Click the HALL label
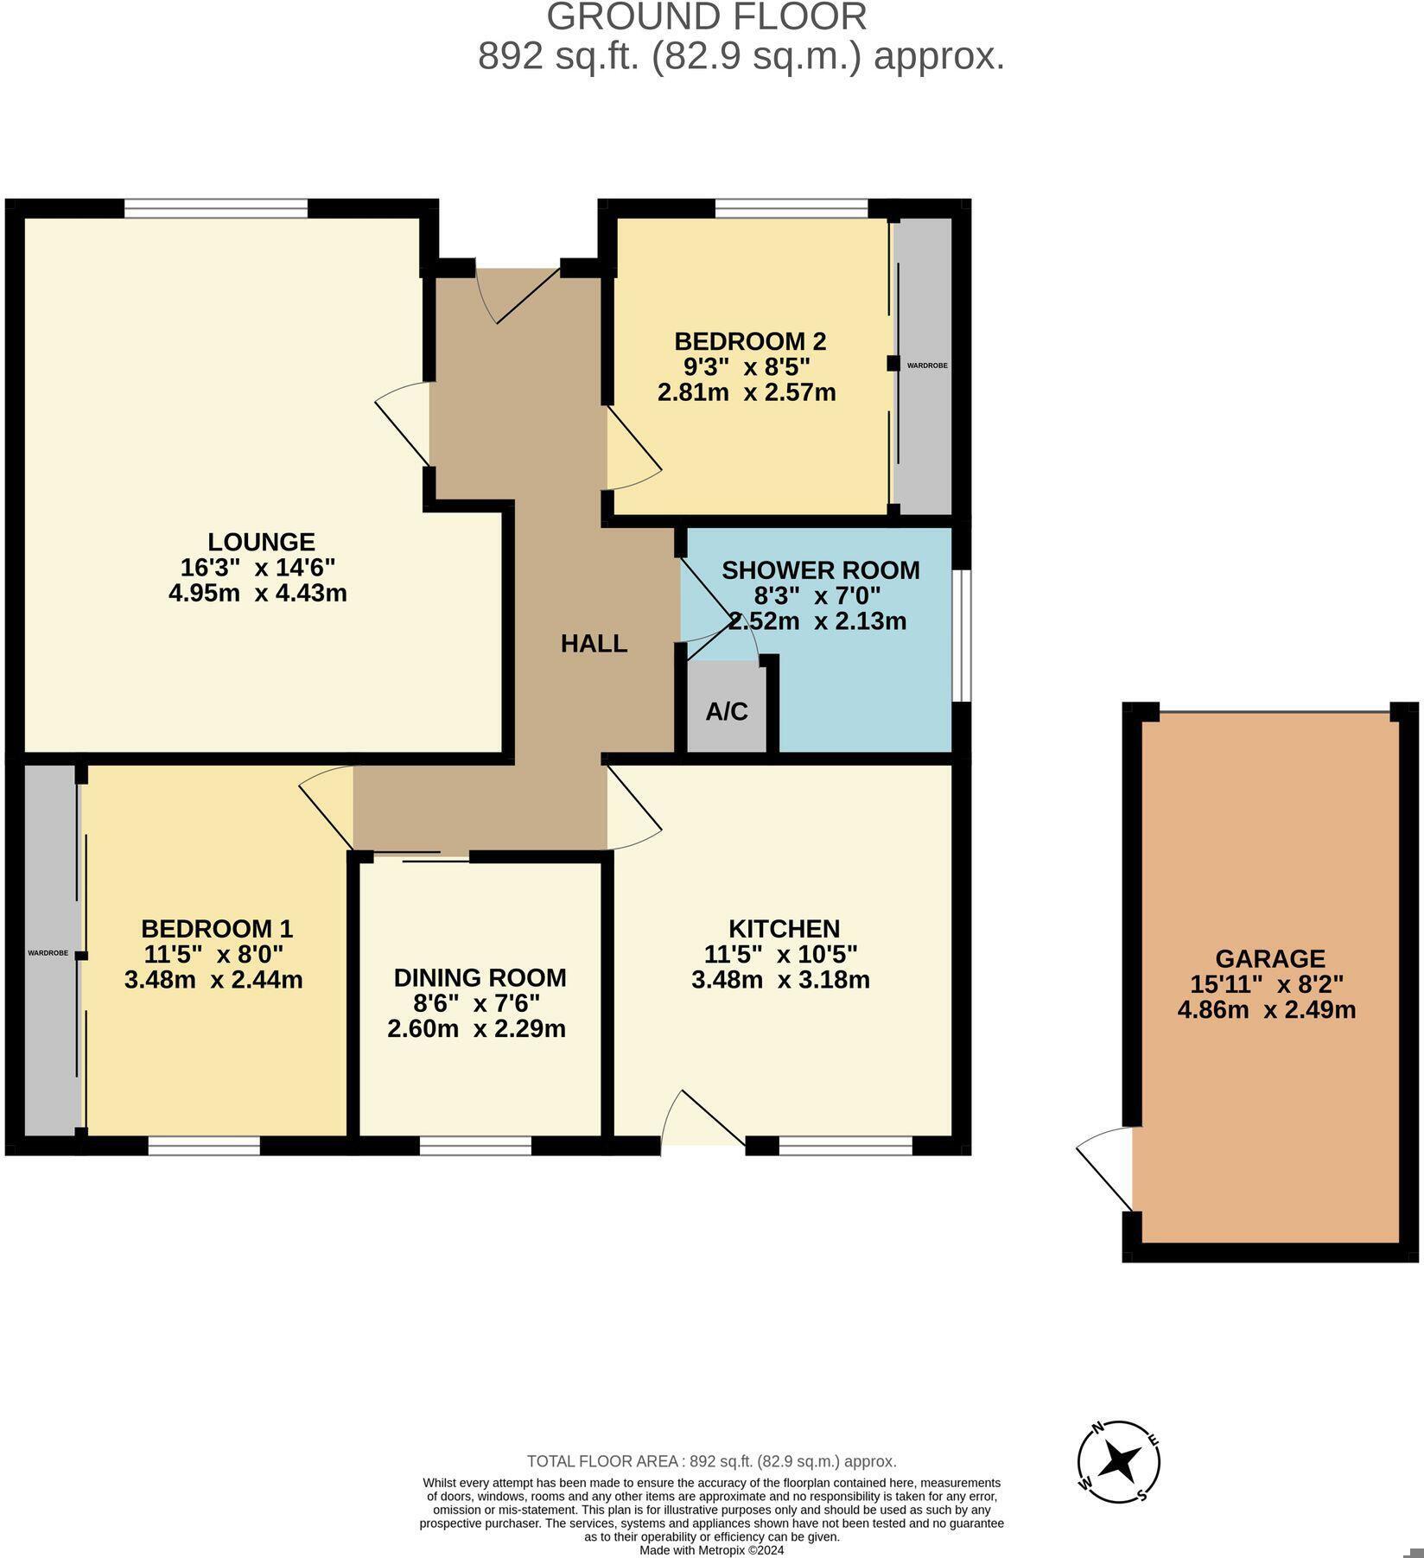(594, 644)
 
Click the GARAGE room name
(1269, 958)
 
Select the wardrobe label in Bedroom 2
(926, 366)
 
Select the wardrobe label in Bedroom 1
(48, 953)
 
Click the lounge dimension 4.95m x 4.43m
(257, 594)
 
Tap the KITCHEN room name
(784, 929)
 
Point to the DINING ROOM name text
(480, 978)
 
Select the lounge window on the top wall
(216, 208)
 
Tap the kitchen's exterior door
(702, 1123)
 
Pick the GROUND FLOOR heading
(707, 17)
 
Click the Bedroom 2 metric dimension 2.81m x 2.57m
(747, 393)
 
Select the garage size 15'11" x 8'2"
(1267, 984)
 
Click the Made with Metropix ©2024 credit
(711, 1550)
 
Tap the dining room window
(475, 1146)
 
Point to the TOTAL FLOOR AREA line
(711, 1462)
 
